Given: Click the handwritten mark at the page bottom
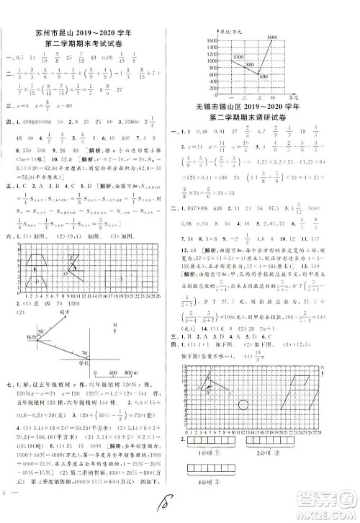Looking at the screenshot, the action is (169, 500).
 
